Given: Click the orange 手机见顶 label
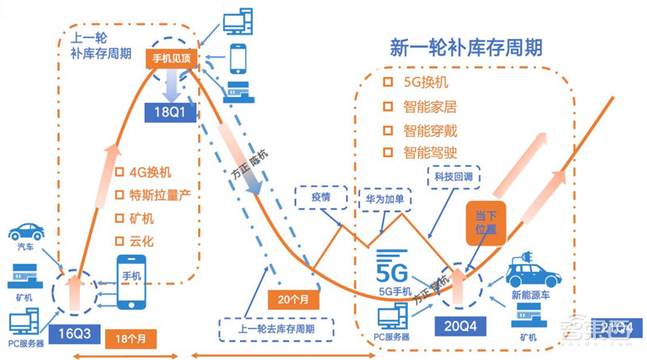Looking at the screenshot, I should tap(171, 58).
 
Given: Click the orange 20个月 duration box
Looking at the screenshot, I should tap(290, 298).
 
